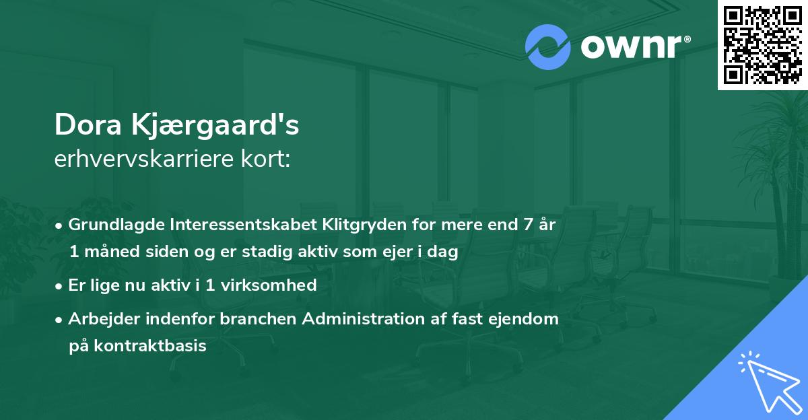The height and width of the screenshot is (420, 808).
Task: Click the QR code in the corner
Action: click(x=762, y=44)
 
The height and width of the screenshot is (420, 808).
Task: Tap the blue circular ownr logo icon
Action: click(x=548, y=47)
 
